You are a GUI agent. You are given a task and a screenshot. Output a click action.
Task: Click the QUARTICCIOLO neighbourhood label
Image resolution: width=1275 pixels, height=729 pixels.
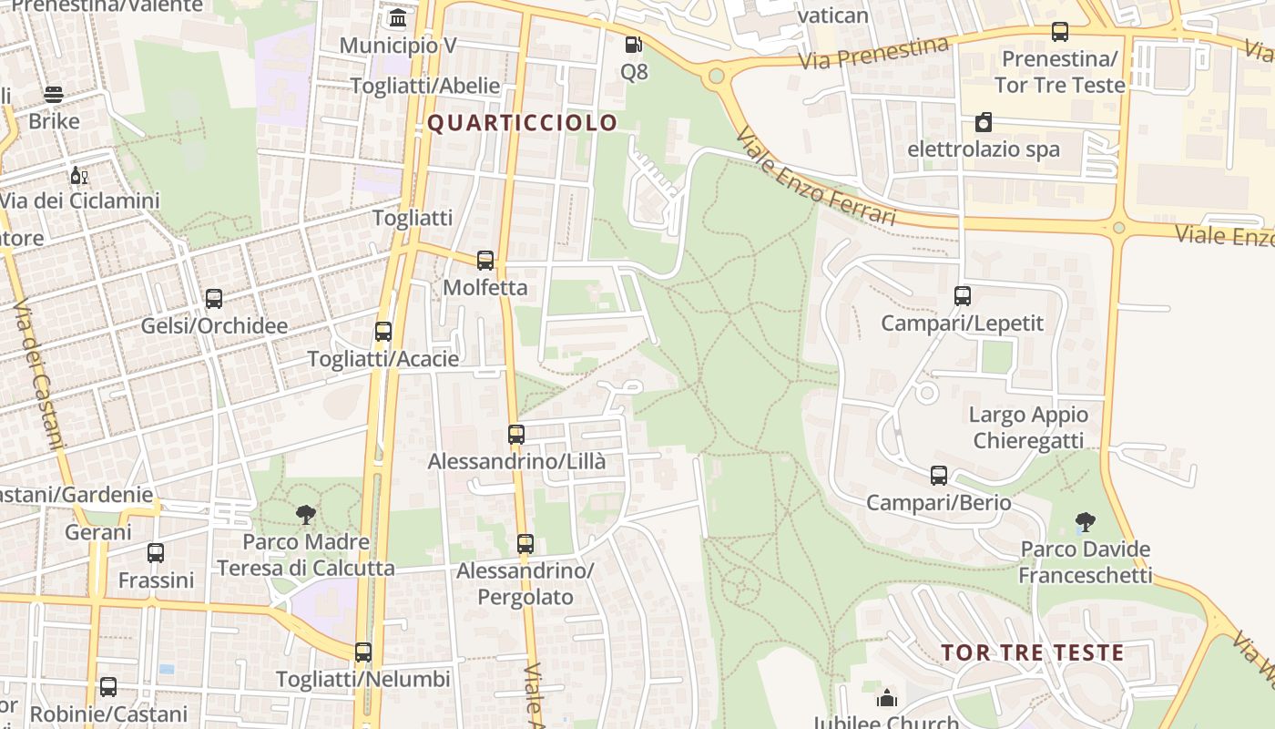pos(522,123)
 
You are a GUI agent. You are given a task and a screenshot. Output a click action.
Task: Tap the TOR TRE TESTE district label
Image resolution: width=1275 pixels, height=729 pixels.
pos(1032,652)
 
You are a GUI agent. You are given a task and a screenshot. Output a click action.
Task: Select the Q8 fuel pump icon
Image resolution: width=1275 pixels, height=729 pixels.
pos(633,45)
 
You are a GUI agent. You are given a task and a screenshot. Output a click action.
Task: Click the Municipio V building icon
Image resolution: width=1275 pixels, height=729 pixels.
pos(398,18)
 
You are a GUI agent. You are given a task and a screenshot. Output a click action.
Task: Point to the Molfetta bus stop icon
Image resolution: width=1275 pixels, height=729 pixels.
pos(485,261)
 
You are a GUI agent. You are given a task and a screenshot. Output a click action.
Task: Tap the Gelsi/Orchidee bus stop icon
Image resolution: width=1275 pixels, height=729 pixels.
pos(214,299)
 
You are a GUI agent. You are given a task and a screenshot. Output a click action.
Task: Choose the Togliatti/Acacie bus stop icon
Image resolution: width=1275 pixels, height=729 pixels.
pos(383,332)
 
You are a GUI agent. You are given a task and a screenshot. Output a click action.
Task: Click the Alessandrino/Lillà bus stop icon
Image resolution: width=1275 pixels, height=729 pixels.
pos(516,435)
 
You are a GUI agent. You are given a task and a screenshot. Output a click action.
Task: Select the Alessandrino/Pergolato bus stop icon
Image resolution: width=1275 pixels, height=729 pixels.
pos(525,544)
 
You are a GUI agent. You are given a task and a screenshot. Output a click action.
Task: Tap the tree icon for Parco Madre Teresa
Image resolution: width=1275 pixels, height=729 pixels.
pos(306,515)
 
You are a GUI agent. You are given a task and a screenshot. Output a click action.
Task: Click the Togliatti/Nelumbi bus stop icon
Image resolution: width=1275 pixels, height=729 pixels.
pos(363,652)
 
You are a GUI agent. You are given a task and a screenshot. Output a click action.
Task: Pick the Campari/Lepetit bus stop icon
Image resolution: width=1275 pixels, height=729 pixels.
pos(963,296)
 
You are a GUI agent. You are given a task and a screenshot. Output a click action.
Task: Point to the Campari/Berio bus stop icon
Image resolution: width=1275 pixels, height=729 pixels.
pos(939,476)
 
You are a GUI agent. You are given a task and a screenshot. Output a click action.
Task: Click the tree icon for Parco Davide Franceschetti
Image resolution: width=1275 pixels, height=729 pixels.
pos(1085,522)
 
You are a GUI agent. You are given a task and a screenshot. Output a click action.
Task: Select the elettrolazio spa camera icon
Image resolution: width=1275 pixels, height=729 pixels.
pos(984,122)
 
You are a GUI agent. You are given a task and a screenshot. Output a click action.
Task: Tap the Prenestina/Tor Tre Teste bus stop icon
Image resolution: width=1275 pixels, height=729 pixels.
pos(1060,32)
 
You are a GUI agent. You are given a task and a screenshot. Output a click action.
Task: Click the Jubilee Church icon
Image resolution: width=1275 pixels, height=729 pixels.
pos(887,699)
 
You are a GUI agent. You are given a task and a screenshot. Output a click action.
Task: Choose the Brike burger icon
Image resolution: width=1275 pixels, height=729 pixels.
pos(54,95)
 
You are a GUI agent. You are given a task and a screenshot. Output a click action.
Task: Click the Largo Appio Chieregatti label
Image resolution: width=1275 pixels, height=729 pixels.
pos(1028,427)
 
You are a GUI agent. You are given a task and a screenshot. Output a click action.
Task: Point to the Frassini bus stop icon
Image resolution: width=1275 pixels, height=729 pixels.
pos(156,553)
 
